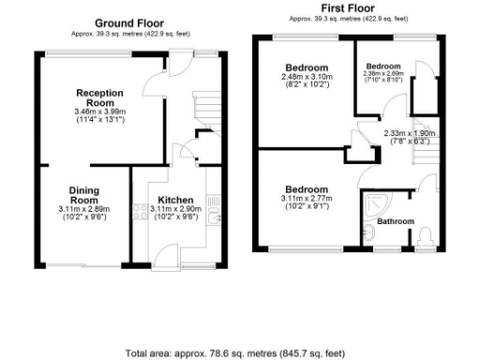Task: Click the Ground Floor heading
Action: [x=130, y=23]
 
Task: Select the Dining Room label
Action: [x=84, y=195]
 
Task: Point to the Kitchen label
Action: [x=175, y=200]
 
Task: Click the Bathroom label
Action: [x=395, y=221]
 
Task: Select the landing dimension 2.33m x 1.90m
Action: [x=411, y=133]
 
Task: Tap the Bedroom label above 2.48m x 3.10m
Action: [x=307, y=68]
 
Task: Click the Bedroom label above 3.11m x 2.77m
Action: [x=307, y=187]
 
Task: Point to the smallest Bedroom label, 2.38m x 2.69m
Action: [x=383, y=67]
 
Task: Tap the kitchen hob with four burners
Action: [x=142, y=211]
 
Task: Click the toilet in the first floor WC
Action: [x=426, y=234]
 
